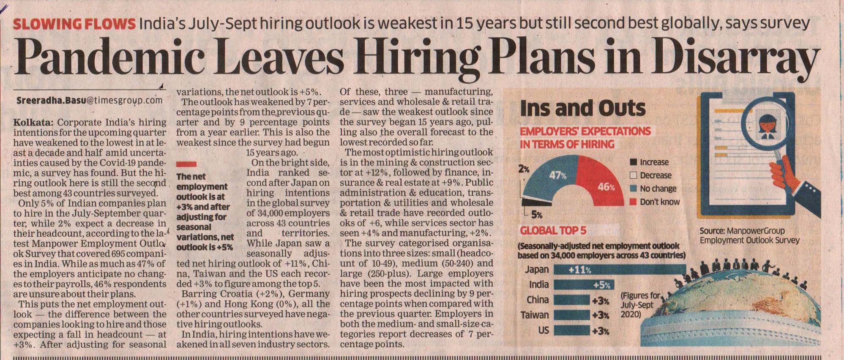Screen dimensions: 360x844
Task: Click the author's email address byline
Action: click(89, 101)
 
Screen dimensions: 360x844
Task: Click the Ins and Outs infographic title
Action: click(583, 109)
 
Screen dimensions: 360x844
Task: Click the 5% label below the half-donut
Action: click(537, 215)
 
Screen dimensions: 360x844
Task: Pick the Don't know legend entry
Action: click(659, 202)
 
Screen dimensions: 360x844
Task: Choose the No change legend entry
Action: click(658, 188)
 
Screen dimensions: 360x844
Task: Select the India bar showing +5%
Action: click(583, 285)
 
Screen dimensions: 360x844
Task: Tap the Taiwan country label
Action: click(534, 315)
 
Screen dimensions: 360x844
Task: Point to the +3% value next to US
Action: click(600, 331)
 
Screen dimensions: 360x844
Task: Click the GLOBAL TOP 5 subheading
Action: click(553, 231)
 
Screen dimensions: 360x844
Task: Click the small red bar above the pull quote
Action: click(186, 164)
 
